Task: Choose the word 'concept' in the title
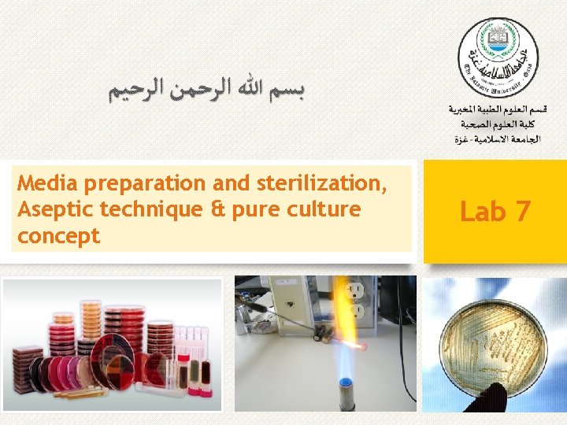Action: point(58,235)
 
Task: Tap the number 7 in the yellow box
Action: point(521,211)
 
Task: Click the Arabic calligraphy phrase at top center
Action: point(207,91)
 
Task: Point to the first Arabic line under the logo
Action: point(498,109)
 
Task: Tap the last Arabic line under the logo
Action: point(498,139)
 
